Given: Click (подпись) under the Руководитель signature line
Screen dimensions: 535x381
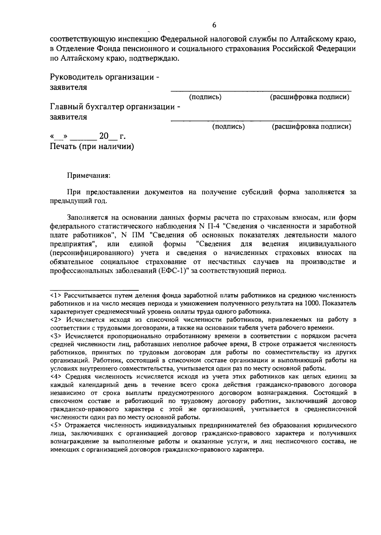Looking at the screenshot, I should tap(205, 97).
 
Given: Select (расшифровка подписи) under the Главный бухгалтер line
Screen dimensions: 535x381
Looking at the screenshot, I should tap(311, 127).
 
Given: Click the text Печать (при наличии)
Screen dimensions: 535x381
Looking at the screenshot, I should tap(92, 146).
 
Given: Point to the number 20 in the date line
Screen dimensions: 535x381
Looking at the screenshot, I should tap(104, 136).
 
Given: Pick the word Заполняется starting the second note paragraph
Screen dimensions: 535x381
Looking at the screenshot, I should tap(86, 218).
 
